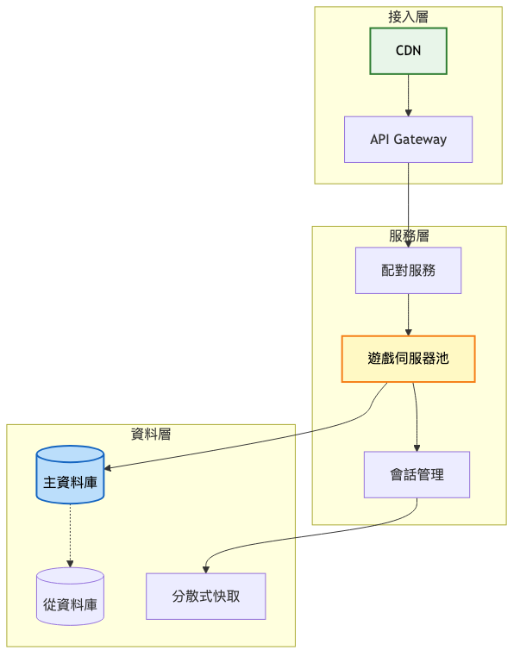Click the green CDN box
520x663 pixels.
coord(408,51)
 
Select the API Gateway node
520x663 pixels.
coord(408,140)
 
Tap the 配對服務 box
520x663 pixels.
coord(408,271)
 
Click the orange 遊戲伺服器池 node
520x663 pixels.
coord(408,359)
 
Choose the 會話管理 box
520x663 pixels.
coord(417,474)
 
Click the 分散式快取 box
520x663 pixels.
coord(205,596)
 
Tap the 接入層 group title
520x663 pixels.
coord(408,16)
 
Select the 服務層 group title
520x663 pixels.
coord(408,235)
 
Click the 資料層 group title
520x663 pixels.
coord(151,434)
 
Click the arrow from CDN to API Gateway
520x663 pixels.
coord(408,93)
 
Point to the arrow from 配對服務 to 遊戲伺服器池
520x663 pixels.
coord(408,314)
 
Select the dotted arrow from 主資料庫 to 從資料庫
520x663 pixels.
coord(70,535)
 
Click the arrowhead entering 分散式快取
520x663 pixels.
coord(206,567)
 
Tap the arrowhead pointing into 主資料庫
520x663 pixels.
coord(110,468)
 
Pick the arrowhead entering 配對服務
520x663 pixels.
coord(408,243)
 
